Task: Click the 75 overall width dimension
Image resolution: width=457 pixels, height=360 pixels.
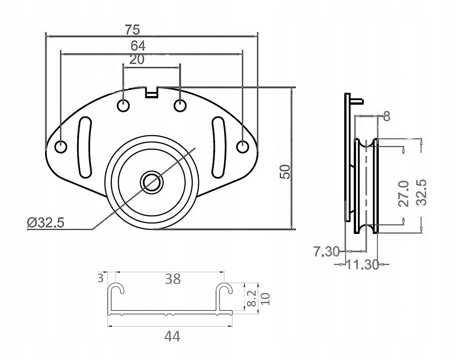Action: [x=133, y=30]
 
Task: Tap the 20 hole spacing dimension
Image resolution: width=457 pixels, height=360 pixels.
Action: [x=137, y=60]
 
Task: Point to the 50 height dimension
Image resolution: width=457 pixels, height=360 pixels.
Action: [x=285, y=172]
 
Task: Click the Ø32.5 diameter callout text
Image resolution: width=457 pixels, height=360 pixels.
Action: [x=45, y=223]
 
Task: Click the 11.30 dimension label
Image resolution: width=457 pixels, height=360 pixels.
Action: [x=362, y=264]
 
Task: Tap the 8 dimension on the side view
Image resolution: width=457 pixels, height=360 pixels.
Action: [x=387, y=117]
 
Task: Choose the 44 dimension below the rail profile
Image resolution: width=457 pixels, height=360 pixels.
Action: [x=173, y=336]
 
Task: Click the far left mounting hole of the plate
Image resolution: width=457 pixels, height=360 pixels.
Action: [x=60, y=147]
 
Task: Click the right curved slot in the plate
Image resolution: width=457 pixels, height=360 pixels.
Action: [x=218, y=147]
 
